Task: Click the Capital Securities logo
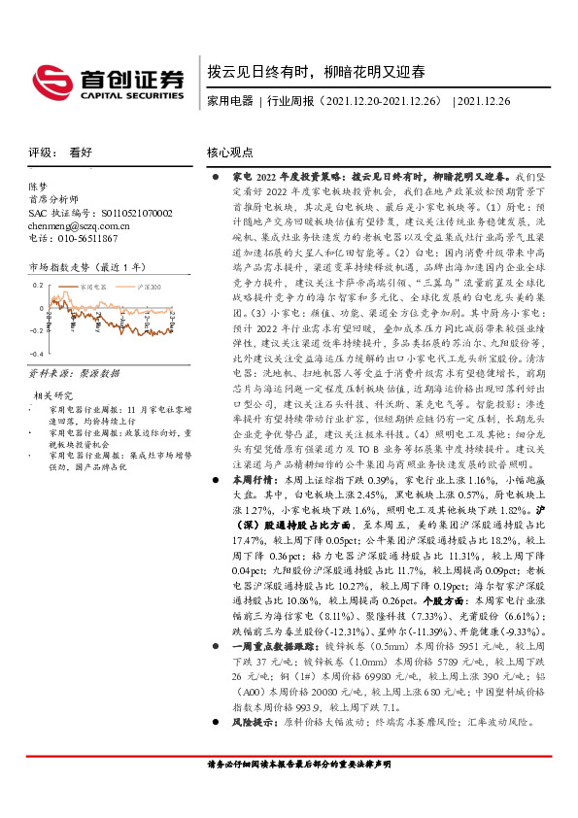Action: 106,80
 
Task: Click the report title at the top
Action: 316,71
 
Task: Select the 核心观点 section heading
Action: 230,153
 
